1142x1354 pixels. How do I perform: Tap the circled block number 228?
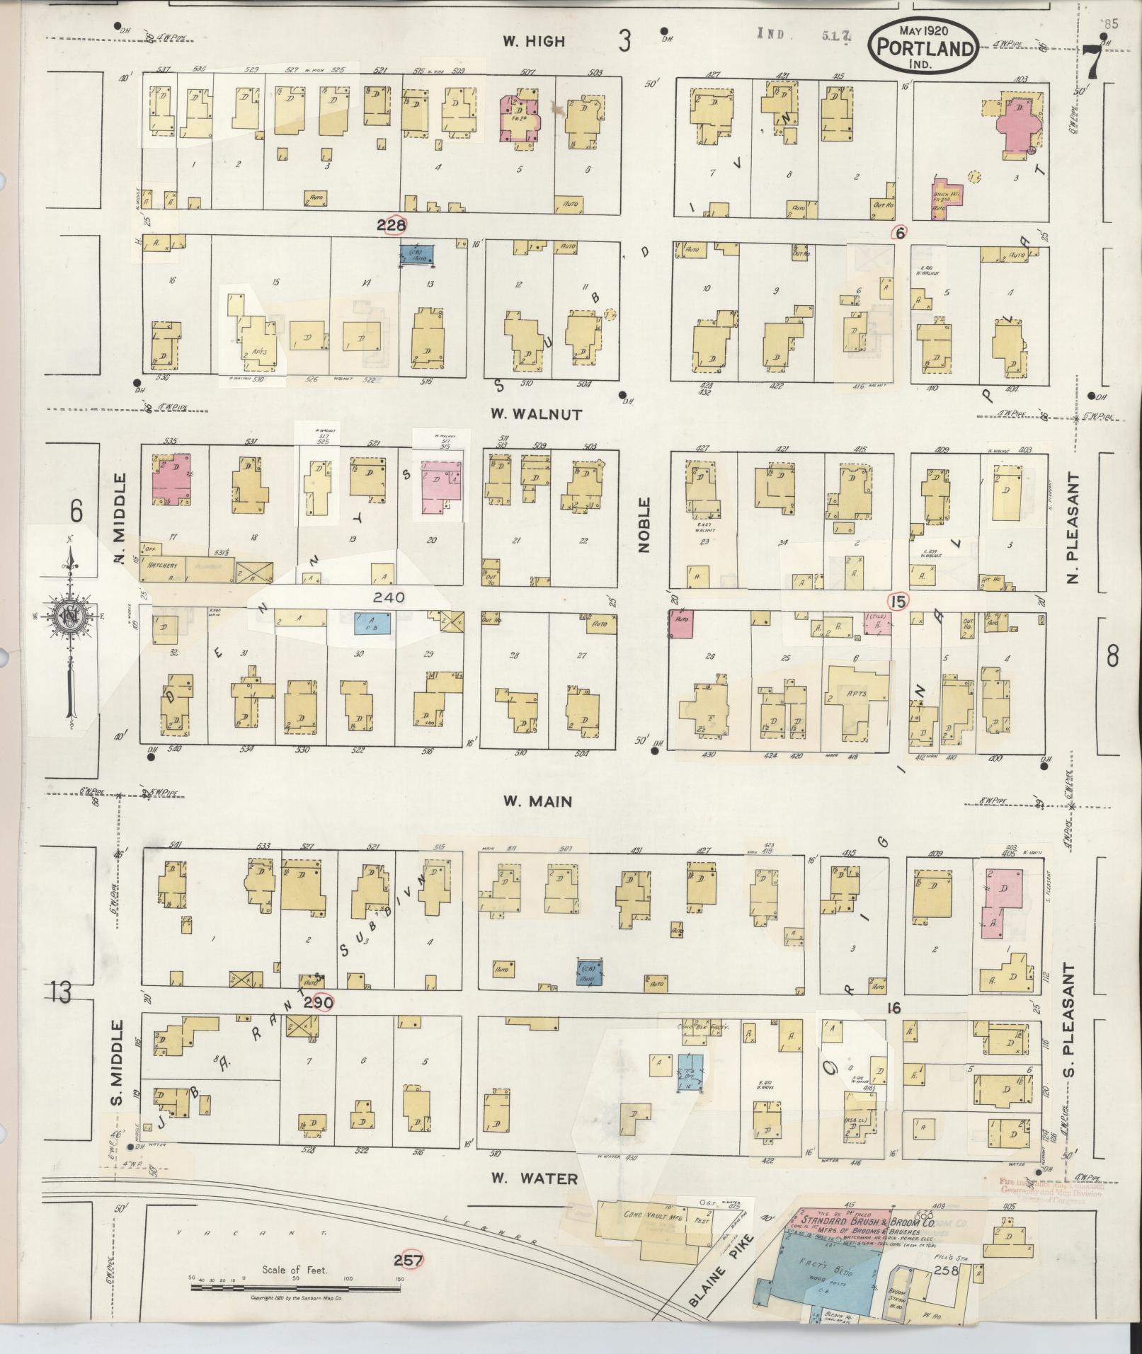(392, 225)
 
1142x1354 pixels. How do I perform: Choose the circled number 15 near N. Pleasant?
(898, 602)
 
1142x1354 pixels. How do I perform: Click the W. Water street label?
(536, 1178)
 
